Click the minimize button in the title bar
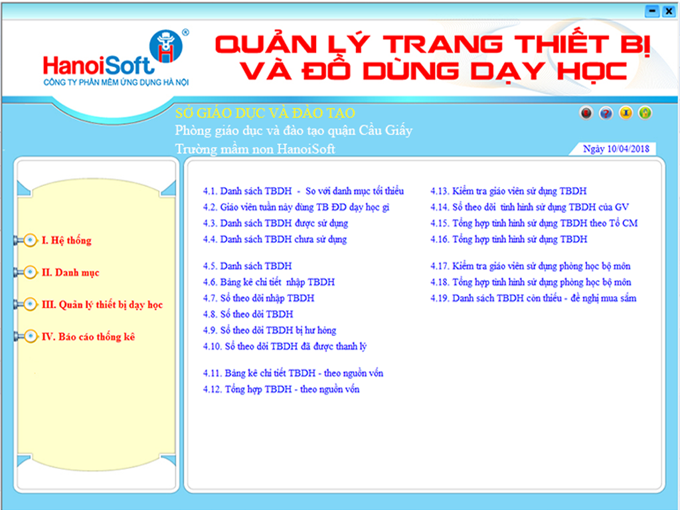pyautogui.click(x=652, y=11)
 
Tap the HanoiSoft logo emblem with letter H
pyautogui.click(x=165, y=46)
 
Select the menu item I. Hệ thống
pyautogui.click(x=66, y=240)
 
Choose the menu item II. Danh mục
pyautogui.click(x=70, y=272)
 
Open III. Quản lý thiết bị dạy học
pyautogui.click(x=102, y=304)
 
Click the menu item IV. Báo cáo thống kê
pyautogui.click(x=88, y=337)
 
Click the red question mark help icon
pyautogui.click(x=606, y=113)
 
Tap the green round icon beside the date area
pyautogui.click(x=645, y=113)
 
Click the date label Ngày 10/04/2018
pyautogui.click(x=616, y=149)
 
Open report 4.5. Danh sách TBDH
pyautogui.click(x=247, y=266)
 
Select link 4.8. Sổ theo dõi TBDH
pyautogui.click(x=248, y=314)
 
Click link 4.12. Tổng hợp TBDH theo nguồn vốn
pyautogui.click(x=281, y=389)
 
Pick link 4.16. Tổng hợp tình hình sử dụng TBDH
pyautogui.click(x=509, y=239)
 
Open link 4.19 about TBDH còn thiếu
pyautogui.click(x=533, y=298)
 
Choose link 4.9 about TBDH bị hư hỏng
pyautogui.click(x=270, y=330)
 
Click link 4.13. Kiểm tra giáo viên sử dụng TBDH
pyautogui.click(x=508, y=191)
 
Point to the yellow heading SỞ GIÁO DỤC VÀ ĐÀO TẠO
pyautogui.click(x=265, y=113)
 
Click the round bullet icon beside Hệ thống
pyautogui.click(x=30, y=240)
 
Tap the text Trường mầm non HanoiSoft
pyautogui.click(x=255, y=149)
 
